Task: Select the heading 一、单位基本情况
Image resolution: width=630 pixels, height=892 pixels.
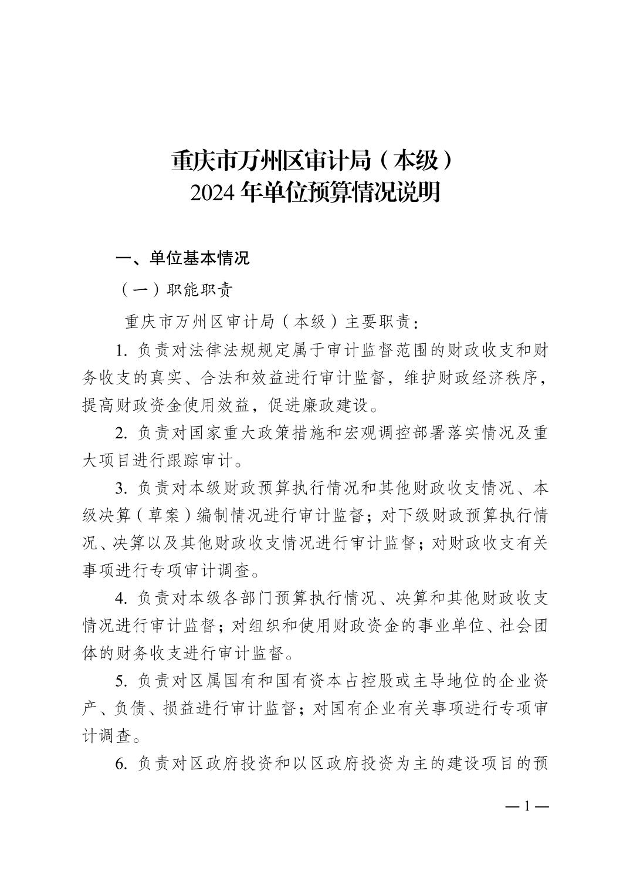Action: [x=183, y=258]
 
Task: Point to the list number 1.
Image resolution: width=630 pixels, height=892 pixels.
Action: [x=121, y=351]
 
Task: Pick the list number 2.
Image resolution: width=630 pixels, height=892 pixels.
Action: [x=121, y=434]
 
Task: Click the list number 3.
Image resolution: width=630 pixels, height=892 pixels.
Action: [x=121, y=488]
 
